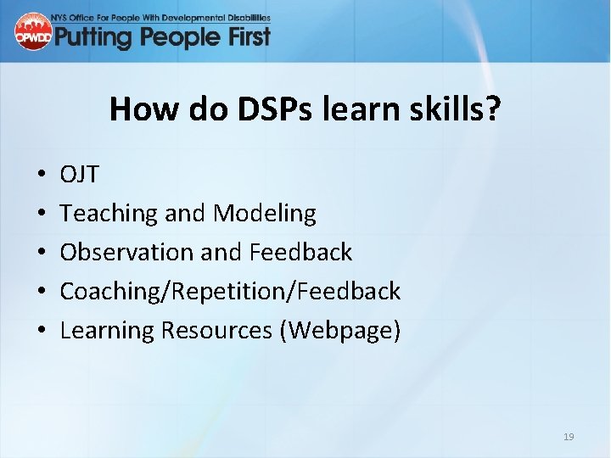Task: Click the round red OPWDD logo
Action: coord(33,31)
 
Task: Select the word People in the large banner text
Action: coord(177,36)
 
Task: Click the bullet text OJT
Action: coord(79,175)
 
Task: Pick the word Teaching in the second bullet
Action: coord(109,214)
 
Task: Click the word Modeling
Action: coord(264,214)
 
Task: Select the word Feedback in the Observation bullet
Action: coord(300,253)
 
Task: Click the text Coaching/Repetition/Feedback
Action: coord(230,292)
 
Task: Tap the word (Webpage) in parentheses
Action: coord(339,331)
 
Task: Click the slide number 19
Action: coord(569,437)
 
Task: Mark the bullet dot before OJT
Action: coord(42,176)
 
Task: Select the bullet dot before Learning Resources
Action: coord(42,332)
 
